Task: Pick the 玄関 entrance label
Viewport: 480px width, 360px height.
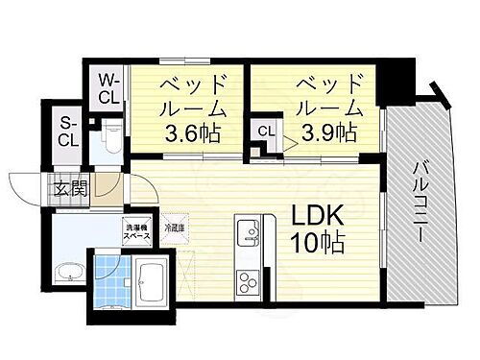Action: pos(71,188)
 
